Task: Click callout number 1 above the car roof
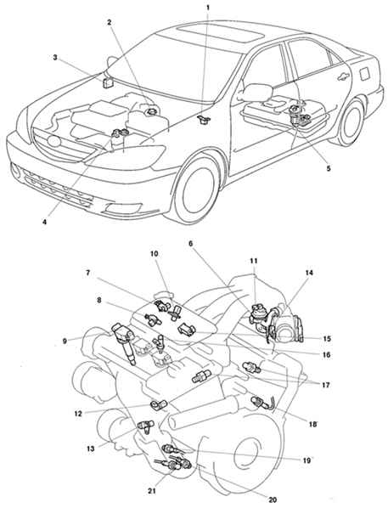pos(208,6)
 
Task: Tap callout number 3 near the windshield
pos(55,58)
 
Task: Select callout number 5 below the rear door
pos(329,168)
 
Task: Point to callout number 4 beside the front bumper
pos(44,223)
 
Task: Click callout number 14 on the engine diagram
pos(309,273)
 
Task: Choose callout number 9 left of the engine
pos(65,341)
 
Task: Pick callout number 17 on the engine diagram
pos(326,385)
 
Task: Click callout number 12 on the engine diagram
pos(78,414)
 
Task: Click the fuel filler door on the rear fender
pos(364,74)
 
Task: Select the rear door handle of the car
pos(343,77)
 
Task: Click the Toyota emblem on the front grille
pos(53,141)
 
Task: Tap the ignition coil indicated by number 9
pos(124,343)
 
